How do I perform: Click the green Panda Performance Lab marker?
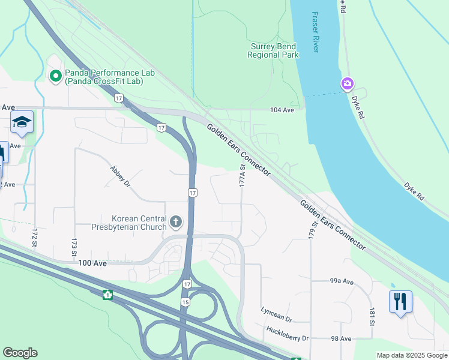56,76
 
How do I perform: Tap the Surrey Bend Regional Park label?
273,50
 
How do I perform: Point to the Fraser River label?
315,31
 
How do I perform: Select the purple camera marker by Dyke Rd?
347,83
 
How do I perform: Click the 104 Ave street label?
282,110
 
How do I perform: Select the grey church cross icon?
176,223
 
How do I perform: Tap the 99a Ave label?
343,281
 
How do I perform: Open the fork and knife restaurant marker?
400,301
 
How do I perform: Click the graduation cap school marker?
22,122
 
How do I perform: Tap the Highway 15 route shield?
185,302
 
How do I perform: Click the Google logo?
20,353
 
